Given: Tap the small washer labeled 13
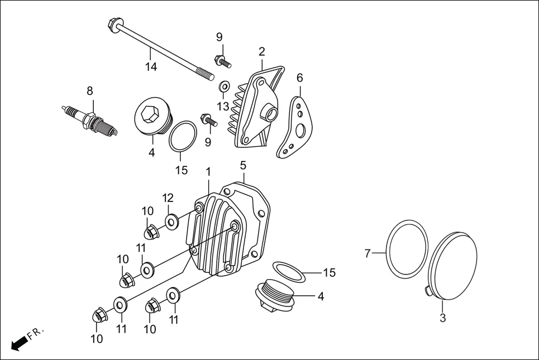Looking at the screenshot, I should pos(224,87).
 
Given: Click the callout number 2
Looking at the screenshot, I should pos(261,52).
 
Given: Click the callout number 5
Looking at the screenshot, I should pos(243,165).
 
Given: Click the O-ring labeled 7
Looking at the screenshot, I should pos(407,249).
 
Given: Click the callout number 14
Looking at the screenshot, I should pos(151,68).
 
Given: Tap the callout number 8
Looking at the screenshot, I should pos(89,90).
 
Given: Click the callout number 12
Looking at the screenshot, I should pos(168,198).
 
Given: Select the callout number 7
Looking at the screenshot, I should pos(368,253).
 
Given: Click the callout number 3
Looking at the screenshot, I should pos(442,319).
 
